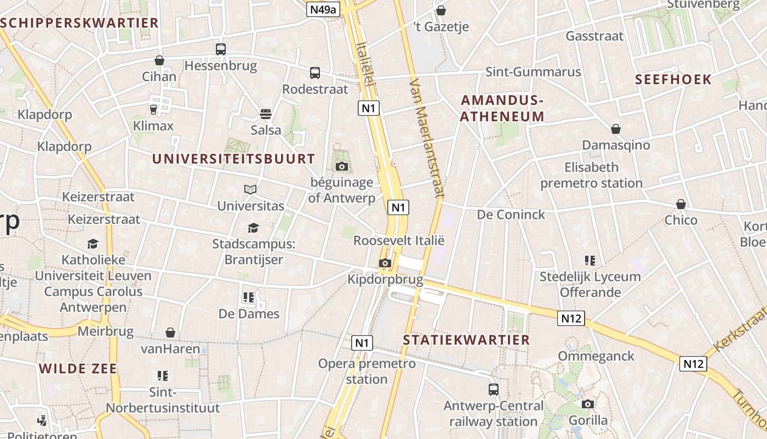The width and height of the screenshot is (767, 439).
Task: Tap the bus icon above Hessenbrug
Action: coord(221,49)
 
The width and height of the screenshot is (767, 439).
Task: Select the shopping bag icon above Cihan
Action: coord(159,60)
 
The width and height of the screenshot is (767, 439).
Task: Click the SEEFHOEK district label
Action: coord(673,79)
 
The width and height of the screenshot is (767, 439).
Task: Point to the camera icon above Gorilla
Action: coord(588,404)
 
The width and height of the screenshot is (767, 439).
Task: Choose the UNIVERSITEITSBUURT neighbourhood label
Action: coord(233,159)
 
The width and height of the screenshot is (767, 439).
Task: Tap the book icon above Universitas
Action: coord(250,189)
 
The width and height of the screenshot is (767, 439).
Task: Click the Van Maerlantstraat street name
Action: coord(426,137)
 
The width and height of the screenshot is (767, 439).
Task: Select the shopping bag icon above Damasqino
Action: coord(616,129)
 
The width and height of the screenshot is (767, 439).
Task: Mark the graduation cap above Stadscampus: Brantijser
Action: coord(253,227)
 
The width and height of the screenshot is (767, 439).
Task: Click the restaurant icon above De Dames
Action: coord(249,297)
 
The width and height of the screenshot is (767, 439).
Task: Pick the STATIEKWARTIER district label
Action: coord(466,340)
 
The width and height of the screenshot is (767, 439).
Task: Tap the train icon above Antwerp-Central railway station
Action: coord(494,390)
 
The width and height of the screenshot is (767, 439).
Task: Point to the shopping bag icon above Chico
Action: coord(681,204)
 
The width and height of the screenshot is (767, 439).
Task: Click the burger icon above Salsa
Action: coord(266,114)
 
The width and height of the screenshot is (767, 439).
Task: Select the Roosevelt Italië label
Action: coord(398,240)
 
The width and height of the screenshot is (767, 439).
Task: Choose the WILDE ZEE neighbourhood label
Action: coord(78,368)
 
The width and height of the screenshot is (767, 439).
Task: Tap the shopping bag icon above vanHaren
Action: coord(170,333)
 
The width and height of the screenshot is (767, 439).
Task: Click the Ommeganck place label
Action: coord(596,356)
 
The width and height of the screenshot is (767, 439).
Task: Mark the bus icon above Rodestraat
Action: coord(315,73)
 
